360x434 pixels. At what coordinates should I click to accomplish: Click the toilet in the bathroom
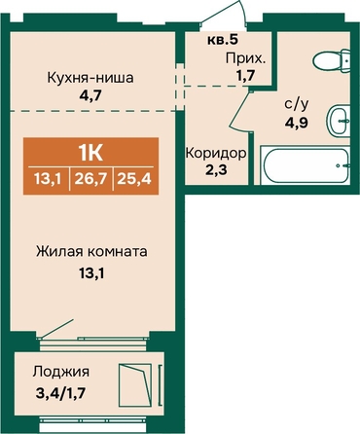point(332,60)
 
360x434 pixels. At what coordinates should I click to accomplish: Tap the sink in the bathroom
point(339,121)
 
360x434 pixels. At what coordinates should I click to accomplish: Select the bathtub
point(306,165)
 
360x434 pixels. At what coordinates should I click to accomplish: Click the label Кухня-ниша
point(90,79)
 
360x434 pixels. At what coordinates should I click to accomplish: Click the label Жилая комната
point(91,252)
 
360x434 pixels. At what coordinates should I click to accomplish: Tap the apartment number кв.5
point(223,40)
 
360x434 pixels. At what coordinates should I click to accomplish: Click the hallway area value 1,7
point(245,76)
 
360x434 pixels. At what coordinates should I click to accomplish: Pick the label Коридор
point(216,153)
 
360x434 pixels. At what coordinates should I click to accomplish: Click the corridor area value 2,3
point(216,169)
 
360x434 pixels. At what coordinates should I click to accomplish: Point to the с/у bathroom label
point(297,105)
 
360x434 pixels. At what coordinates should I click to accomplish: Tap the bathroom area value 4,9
point(297,123)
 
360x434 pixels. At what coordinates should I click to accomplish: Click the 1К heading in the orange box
point(90,154)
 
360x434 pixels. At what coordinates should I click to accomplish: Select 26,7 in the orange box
point(90,178)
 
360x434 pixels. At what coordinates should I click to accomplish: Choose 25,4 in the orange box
point(134,178)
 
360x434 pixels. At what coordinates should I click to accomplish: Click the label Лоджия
point(61,373)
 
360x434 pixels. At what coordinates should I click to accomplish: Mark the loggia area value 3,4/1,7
point(61,393)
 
